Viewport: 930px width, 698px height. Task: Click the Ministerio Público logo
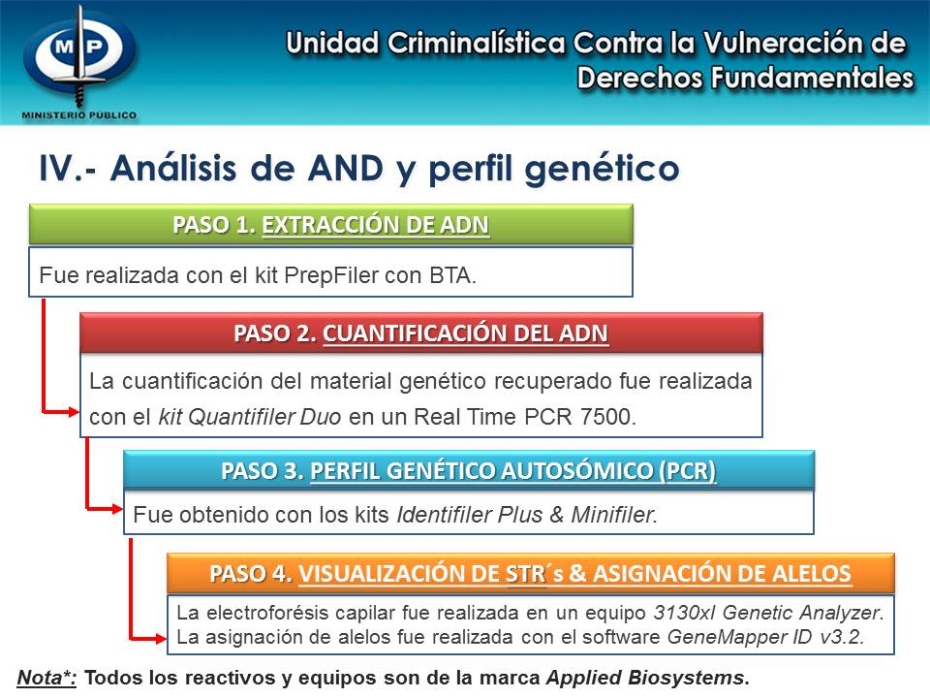click(x=79, y=61)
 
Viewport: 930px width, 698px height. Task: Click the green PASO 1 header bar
click(x=330, y=225)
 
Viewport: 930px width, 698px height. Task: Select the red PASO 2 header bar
click(x=420, y=333)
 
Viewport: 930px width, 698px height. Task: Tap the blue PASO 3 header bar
click(x=468, y=472)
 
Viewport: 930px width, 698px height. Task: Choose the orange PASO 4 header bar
click(x=530, y=573)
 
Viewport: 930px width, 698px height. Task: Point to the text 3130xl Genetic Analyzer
click(x=767, y=614)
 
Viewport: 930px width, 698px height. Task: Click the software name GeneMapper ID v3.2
click(x=765, y=636)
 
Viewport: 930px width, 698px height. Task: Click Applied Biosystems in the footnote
click(x=645, y=678)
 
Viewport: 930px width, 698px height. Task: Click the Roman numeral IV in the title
click(x=55, y=168)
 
